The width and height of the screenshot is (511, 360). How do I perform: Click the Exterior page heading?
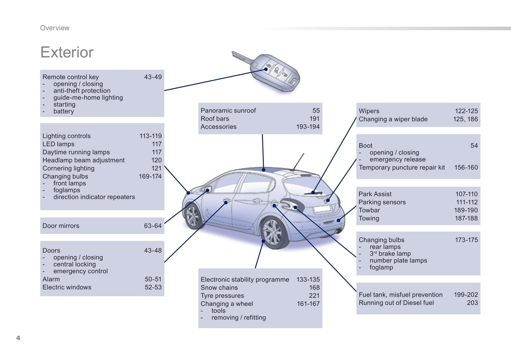(67, 52)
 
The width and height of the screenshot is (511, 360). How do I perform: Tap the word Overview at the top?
(54, 28)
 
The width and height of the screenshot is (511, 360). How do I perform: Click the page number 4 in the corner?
(18, 338)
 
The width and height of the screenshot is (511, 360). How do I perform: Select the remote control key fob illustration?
(274, 72)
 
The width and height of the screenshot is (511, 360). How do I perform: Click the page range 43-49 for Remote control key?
(153, 77)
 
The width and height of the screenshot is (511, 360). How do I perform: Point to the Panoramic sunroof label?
(228, 111)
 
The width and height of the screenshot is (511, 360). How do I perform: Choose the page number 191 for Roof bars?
(314, 119)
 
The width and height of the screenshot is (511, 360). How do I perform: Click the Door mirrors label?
(61, 226)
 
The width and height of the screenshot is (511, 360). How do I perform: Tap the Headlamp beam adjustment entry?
(83, 160)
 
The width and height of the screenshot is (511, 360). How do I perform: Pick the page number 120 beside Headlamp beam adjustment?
(156, 160)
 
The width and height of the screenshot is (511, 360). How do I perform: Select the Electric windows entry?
(67, 287)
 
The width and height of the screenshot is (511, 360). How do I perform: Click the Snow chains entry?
(219, 288)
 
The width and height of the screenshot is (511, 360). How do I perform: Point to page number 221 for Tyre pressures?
(314, 296)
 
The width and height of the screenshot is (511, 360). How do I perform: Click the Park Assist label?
(375, 194)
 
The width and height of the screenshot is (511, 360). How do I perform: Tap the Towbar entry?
(369, 210)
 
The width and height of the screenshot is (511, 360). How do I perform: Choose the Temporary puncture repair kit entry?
(402, 167)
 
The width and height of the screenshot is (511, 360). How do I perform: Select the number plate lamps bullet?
(398, 260)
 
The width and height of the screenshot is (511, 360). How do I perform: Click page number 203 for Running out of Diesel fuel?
(472, 303)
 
